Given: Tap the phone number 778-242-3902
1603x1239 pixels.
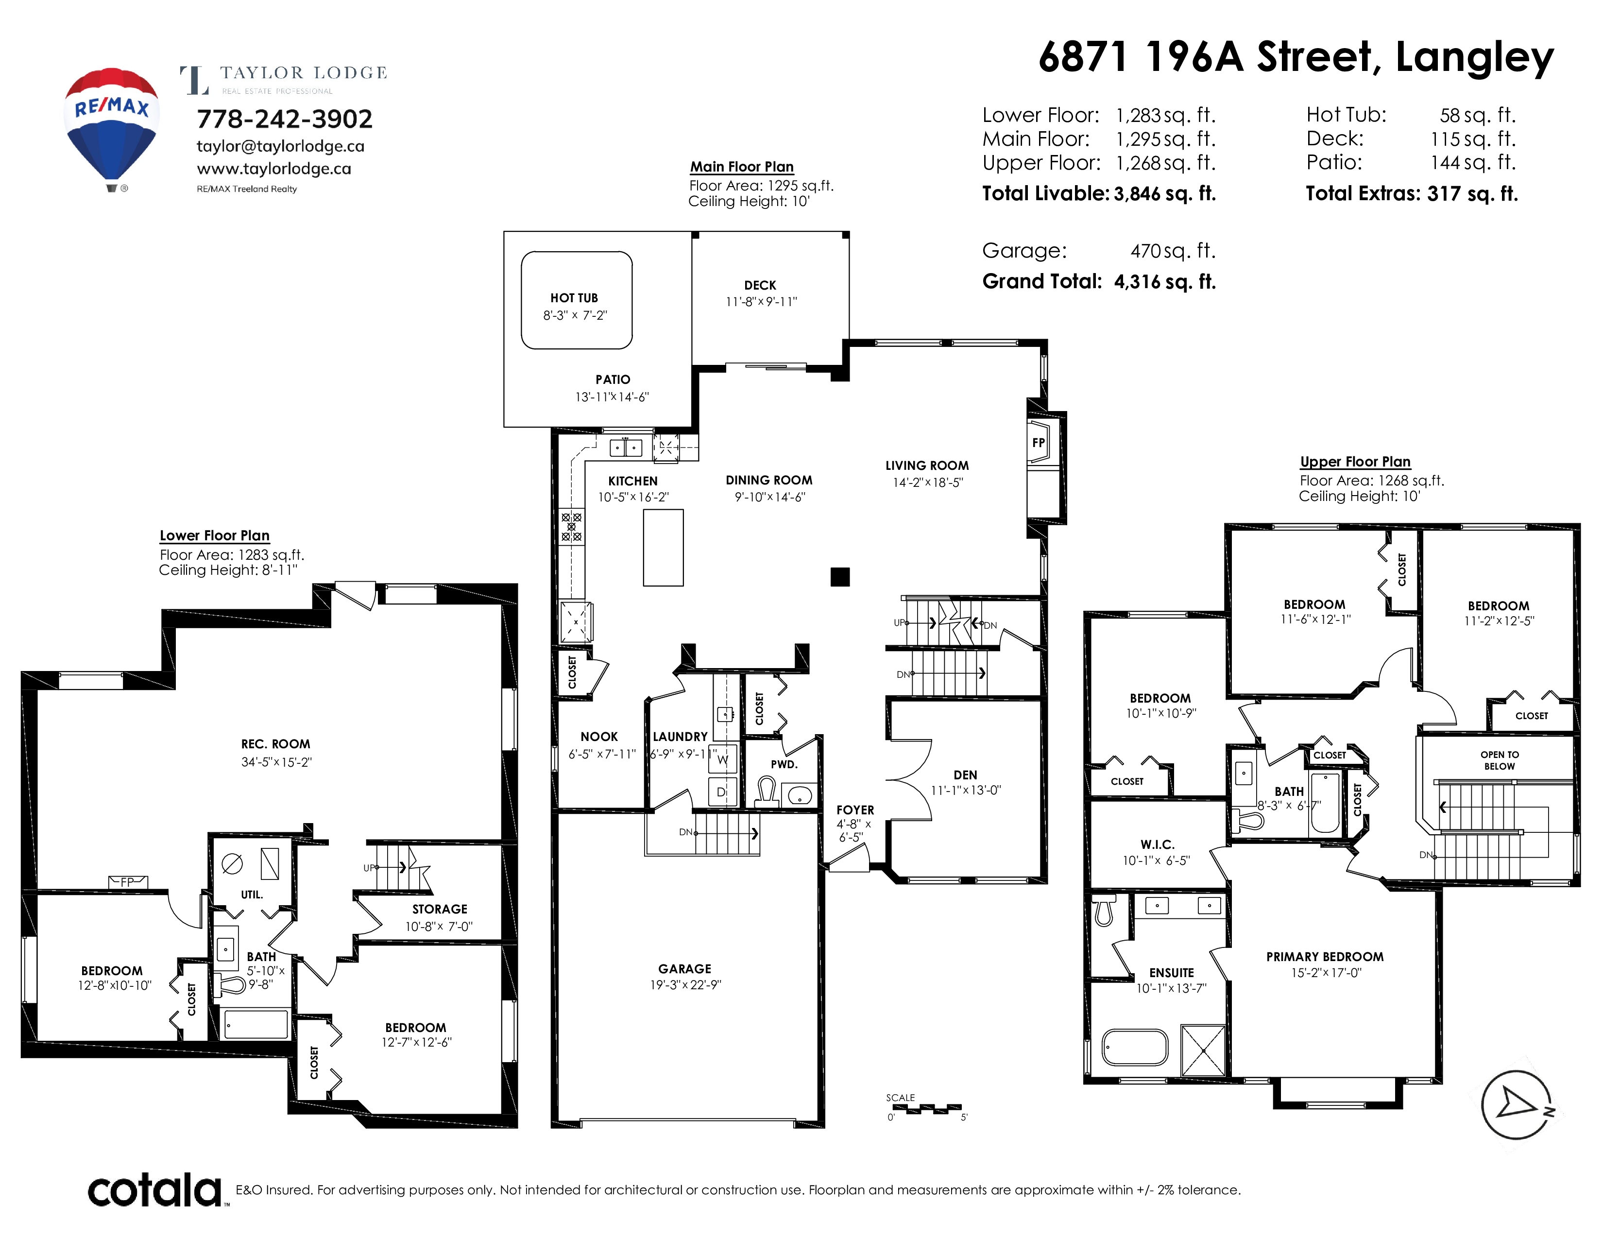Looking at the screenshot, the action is pyautogui.click(x=285, y=119).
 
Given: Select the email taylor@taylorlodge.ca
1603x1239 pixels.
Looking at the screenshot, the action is pyautogui.click(x=280, y=146).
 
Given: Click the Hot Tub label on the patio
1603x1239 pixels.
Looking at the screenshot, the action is pyautogui.click(x=574, y=298).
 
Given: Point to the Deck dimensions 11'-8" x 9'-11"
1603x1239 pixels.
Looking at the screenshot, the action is pyautogui.click(x=761, y=302).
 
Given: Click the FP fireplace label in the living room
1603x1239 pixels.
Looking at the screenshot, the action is pyautogui.click(x=1038, y=443).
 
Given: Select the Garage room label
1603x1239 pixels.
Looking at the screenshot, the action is pyautogui.click(x=685, y=969).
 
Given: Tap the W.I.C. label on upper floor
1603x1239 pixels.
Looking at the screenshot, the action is pyautogui.click(x=1158, y=845).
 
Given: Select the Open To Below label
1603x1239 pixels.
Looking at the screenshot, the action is pyautogui.click(x=1500, y=760).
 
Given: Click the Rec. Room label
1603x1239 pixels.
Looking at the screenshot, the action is pyautogui.click(x=276, y=743).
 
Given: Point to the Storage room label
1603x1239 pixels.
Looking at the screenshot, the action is pyautogui.click(x=440, y=909).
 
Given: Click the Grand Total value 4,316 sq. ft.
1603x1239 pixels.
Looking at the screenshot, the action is pyautogui.click(x=1165, y=282).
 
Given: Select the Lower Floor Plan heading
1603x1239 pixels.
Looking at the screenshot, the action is pyautogui.click(x=215, y=536).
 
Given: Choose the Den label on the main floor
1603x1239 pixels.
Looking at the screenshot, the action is pyautogui.click(x=965, y=775).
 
